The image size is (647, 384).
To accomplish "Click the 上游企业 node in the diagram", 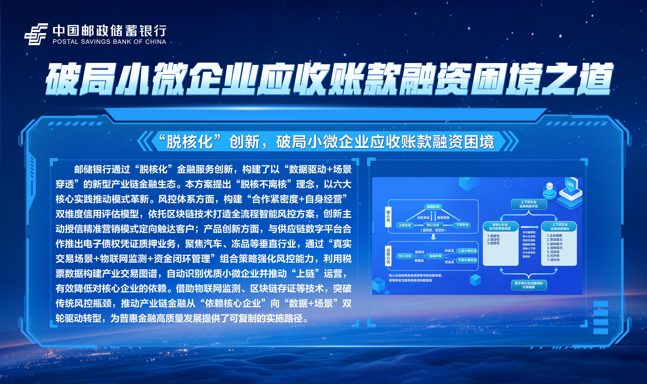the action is coord(405,225).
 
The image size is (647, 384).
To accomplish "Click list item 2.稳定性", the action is coord(493,240).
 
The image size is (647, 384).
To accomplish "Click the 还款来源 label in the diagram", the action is coord(423,218).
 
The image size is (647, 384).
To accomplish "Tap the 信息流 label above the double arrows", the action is coord(420,252).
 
